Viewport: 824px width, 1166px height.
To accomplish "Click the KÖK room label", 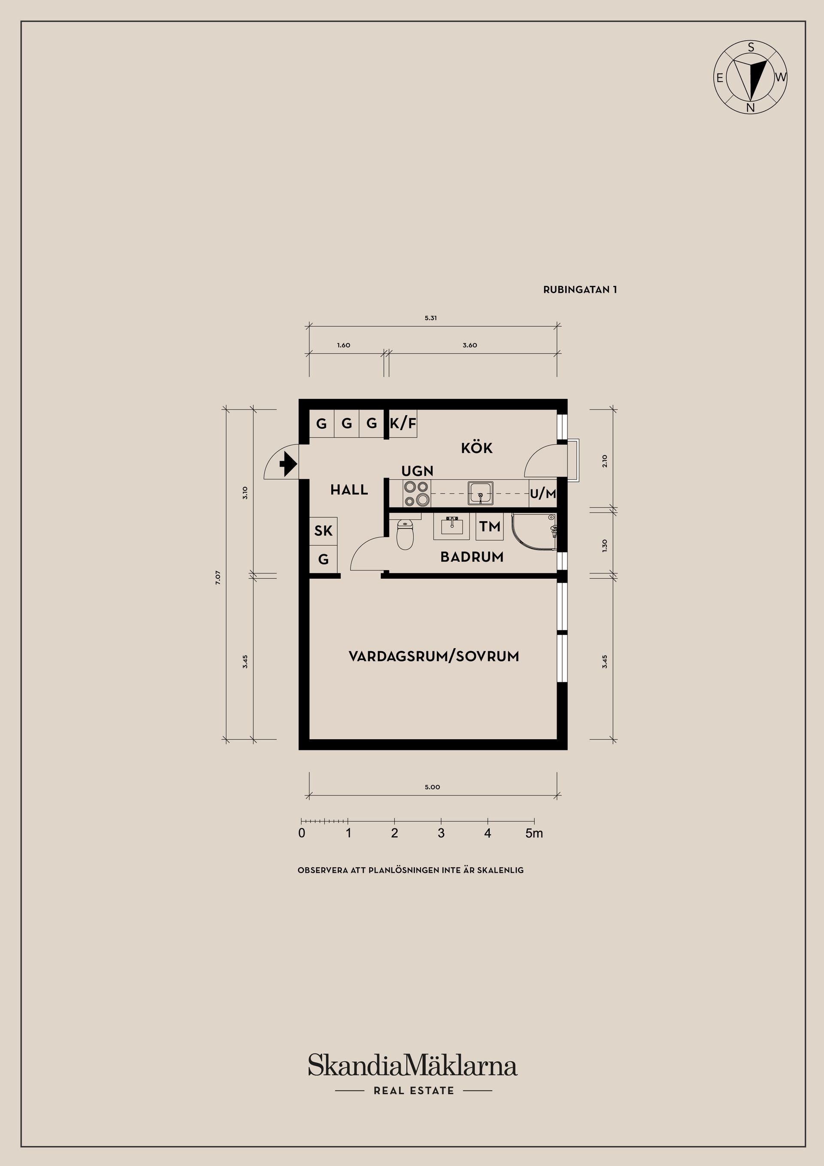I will tap(477, 448).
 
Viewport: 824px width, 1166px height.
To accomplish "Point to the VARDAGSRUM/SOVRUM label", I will tap(433, 656).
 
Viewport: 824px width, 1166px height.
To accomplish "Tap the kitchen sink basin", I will tap(480, 492).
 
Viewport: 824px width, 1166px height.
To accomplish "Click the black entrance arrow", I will tap(288, 463).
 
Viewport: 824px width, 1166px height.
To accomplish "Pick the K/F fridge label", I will tap(403, 423).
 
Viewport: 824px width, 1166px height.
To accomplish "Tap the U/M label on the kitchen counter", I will tap(543, 494).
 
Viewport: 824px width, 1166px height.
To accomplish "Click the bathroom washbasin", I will tap(451, 527).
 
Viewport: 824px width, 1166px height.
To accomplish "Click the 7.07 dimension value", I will tap(218, 578).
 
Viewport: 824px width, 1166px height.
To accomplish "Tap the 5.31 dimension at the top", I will tap(430, 318).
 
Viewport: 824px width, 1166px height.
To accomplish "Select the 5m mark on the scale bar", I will tap(534, 833).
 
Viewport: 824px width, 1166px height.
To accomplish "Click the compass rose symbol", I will tap(750, 77).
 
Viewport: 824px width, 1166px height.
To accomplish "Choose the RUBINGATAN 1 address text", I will tap(580, 290).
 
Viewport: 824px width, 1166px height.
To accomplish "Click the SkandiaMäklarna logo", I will tap(413, 1065).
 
